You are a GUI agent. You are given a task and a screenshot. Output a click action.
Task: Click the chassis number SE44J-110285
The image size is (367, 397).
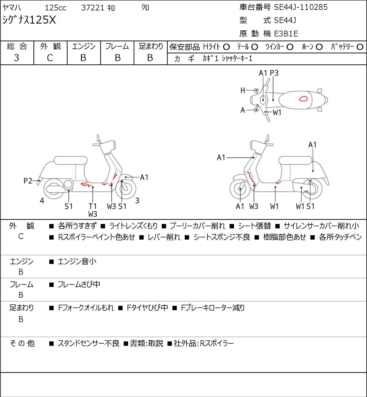(x=301, y=7)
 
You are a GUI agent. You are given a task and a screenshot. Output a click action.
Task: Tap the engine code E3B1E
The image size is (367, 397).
(x=286, y=34)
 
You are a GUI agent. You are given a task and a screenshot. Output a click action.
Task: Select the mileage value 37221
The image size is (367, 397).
(x=93, y=8)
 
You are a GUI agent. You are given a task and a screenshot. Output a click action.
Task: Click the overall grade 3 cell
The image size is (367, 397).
(x=16, y=58)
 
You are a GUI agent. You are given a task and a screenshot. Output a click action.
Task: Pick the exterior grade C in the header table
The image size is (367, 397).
(x=50, y=58)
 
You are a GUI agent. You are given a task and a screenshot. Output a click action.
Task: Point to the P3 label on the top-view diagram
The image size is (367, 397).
(x=274, y=73)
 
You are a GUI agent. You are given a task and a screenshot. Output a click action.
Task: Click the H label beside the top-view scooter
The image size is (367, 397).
(x=243, y=90)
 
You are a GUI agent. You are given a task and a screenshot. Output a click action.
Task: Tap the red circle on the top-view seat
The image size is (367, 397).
(x=303, y=99)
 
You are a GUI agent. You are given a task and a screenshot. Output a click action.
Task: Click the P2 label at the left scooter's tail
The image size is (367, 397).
(x=28, y=181)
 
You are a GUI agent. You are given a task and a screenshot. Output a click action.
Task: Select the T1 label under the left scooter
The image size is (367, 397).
(x=93, y=206)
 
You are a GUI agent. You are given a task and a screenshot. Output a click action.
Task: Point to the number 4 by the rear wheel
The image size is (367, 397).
(x=42, y=200)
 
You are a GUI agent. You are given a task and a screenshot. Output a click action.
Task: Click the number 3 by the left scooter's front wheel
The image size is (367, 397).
(x=137, y=200)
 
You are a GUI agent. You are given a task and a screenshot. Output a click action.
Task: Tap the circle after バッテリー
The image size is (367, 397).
(x=360, y=47)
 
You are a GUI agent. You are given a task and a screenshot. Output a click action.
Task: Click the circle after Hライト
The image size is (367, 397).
(x=226, y=47)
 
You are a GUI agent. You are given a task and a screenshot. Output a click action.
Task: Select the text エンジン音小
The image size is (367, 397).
(x=77, y=261)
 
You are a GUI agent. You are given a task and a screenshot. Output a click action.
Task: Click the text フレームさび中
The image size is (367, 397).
(x=79, y=284)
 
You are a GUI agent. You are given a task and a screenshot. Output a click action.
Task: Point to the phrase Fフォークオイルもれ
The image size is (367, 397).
(x=86, y=308)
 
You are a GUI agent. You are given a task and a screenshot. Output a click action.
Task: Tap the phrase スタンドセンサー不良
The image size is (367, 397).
(x=88, y=343)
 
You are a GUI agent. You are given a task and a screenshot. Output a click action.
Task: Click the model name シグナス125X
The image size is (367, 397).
(x=29, y=20)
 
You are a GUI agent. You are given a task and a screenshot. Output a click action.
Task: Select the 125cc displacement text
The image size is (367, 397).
(x=56, y=8)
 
